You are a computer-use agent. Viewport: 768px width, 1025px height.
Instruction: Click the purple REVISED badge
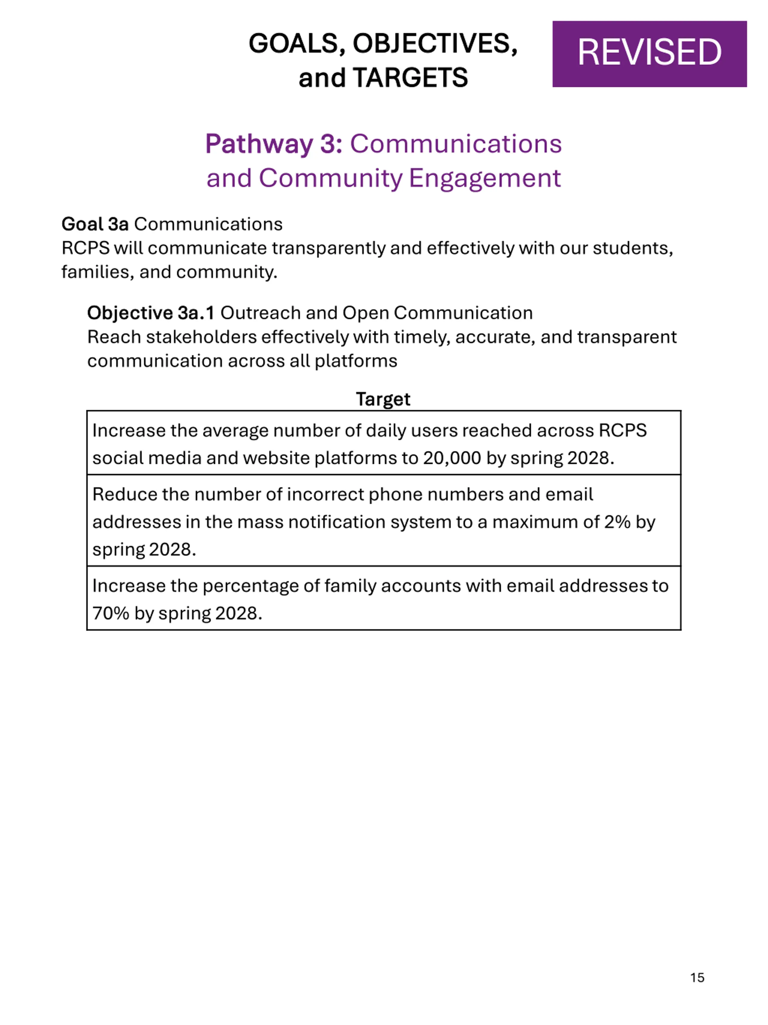[x=649, y=54]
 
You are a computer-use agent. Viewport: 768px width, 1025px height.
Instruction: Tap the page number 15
[x=697, y=978]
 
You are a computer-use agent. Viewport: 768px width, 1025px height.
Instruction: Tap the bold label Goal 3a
[x=95, y=224]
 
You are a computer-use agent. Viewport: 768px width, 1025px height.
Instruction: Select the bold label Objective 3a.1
[x=151, y=313]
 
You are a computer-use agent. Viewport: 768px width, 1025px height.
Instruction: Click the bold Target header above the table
[x=383, y=399]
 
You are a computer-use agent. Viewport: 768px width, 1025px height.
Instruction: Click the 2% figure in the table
[x=617, y=522]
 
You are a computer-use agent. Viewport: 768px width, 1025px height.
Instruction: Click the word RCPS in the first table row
[x=622, y=430]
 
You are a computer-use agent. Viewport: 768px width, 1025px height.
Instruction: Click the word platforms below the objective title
[x=355, y=361]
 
